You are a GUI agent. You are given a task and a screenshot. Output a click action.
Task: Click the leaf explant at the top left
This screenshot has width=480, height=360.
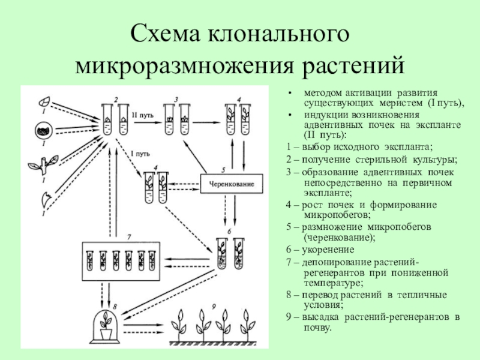(x=44, y=101)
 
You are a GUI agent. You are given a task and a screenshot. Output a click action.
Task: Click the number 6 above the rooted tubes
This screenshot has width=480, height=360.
(x=228, y=232)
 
